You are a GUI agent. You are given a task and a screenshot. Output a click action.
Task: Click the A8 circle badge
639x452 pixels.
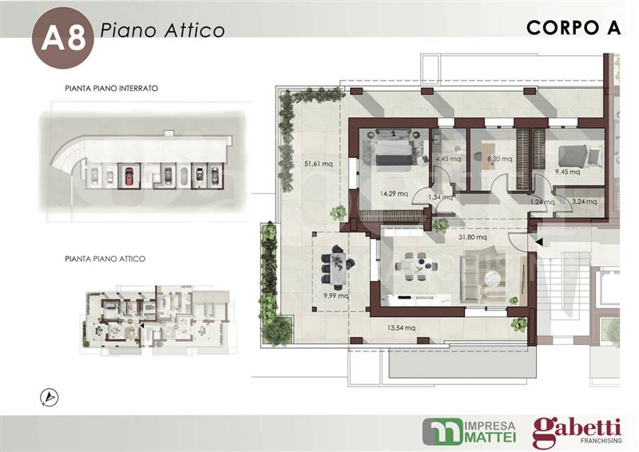point(63,38)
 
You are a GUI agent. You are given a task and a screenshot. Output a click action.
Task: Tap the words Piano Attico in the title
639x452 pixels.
point(163,30)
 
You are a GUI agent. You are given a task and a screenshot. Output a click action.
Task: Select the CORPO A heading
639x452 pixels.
point(574,28)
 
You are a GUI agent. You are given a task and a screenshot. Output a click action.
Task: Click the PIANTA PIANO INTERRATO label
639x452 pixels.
point(111,88)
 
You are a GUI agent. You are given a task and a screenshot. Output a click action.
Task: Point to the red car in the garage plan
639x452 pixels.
point(129,176)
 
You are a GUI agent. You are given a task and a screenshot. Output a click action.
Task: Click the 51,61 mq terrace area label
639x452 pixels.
point(318,164)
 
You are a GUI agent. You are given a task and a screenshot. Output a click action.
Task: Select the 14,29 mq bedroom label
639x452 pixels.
point(394,193)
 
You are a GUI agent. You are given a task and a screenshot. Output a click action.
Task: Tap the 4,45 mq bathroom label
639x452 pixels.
point(448,159)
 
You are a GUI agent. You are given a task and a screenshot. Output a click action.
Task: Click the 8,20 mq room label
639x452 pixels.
point(500,159)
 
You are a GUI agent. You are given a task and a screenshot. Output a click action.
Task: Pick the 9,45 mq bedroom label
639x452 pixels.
point(567,172)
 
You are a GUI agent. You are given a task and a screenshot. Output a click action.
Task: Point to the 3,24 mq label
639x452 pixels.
point(585,201)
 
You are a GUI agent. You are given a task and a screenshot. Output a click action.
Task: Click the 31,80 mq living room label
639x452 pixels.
point(472,237)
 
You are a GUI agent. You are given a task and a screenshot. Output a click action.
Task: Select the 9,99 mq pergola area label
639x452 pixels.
point(335,295)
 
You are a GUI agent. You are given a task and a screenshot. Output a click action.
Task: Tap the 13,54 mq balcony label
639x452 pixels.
point(402,327)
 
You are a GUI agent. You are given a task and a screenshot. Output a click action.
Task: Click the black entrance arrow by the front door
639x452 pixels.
point(538,242)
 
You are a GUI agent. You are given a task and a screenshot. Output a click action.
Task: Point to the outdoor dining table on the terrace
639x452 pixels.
point(338,268)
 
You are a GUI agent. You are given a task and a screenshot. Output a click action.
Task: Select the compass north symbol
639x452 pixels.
point(50,398)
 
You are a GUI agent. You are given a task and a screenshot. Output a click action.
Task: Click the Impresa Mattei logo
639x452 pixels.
point(469,431)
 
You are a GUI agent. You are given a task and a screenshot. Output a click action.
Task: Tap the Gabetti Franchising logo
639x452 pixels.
point(577,432)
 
